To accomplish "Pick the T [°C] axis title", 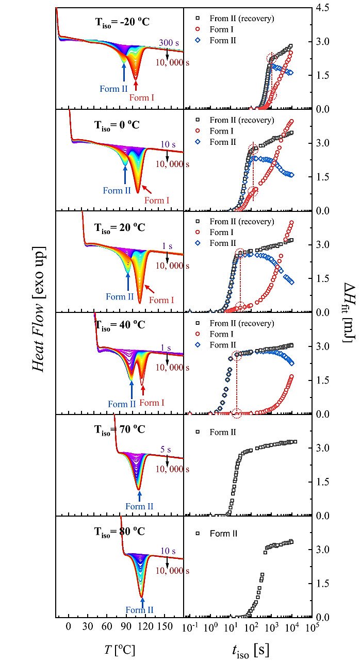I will click(120, 649).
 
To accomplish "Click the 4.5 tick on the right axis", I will click(323, 8).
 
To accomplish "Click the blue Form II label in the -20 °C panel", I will click(113, 89).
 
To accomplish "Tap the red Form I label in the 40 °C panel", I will click(152, 403).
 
